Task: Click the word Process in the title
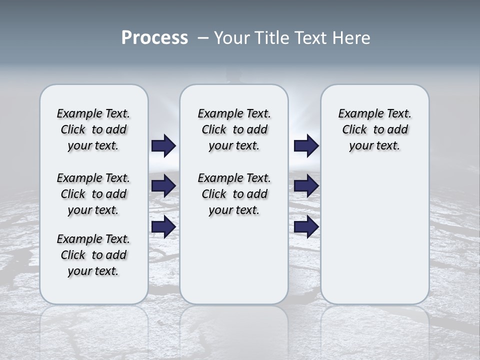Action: (x=154, y=38)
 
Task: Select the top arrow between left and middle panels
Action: (x=163, y=145)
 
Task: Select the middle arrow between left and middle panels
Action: (x=163, y=186)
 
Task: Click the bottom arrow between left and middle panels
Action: (x=163, y=226)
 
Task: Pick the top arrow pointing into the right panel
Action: (x=306, y=145)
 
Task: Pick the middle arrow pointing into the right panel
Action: (x=306, y=186)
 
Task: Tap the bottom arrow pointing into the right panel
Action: (x=306, y=226)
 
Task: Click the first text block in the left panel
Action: (x=93, y=129)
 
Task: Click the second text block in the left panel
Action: (x=93, y=194)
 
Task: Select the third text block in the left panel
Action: (x=93, y=255)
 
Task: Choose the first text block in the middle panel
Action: (x=234, y=129)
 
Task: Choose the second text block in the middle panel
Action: (x=234, y=194)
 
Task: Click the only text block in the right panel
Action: (x=374, y=129)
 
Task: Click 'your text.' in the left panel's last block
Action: (x=93, y=271)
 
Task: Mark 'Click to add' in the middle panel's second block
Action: (x=234, y=194)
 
